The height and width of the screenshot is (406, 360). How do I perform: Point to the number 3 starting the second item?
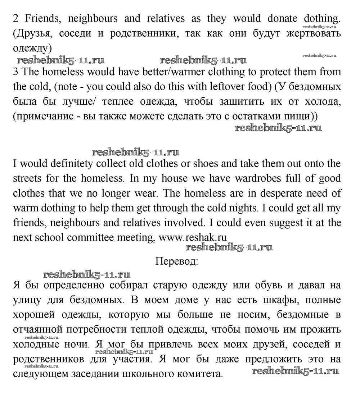15,72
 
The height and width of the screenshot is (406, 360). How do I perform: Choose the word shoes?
205,164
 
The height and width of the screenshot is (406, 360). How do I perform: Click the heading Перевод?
176,261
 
